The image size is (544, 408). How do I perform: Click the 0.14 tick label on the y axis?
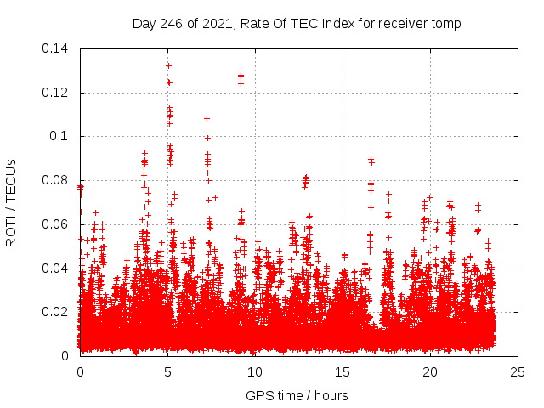pos(57,48)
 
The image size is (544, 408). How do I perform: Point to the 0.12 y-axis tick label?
pos(57,93)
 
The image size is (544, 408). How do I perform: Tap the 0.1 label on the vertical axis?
pos(61,136)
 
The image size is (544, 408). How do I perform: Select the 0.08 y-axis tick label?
pos(57,180)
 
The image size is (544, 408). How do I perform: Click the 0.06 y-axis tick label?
pos(57,224)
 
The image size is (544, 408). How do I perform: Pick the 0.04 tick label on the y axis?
pos(57,269)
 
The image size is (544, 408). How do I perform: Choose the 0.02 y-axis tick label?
pos(57,312)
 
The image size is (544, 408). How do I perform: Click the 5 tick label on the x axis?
pos(168,371)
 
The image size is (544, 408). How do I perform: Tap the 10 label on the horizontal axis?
pos(256,371)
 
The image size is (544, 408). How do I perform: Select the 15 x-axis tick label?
pos(343,371)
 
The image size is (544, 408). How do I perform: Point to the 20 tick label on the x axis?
pos(431,371)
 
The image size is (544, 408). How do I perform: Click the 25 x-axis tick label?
pos(518,371)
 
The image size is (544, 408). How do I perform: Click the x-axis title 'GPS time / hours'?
pos(297,395)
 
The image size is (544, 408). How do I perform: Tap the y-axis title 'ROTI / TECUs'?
pos(12,202)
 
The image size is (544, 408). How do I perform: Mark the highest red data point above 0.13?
pos(168,65)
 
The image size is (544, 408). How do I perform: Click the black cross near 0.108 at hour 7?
pos(207,118)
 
